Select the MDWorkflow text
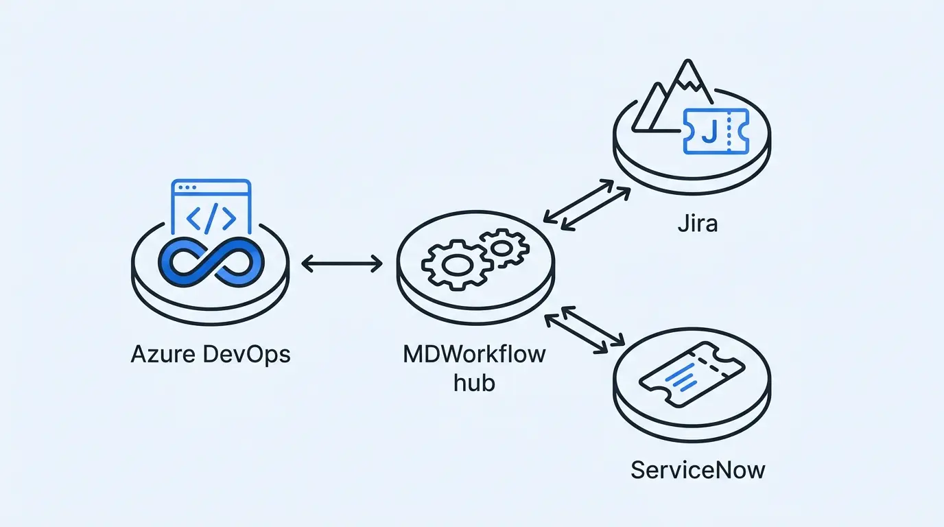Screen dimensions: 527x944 (474, 354)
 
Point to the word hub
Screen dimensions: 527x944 (474, 382)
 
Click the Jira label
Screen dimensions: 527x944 (697, 224)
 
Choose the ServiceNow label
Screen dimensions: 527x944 (698, 471)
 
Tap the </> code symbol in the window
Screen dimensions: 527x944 (211, 218)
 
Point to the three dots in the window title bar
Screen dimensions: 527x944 (186, 187)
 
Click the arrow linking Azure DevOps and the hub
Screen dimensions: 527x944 (342, 263)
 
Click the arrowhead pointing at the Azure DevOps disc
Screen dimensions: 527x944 (306, 263)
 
